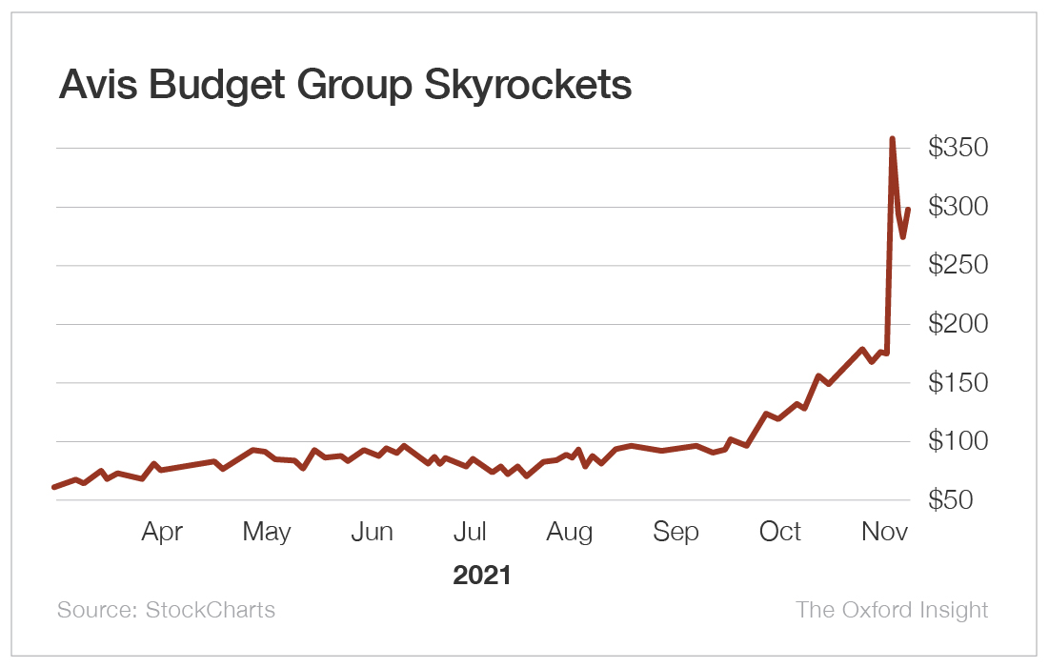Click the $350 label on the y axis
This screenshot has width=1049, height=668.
[959, 148]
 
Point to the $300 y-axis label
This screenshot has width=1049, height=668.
[959, 207]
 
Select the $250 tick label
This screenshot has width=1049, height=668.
[959, 266]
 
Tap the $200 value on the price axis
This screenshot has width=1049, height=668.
[959, 325]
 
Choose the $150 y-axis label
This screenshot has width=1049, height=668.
[959, 383]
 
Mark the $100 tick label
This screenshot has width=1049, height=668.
[959, 442]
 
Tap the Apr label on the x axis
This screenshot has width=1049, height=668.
[162, 532]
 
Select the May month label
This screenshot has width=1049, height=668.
[267, 532]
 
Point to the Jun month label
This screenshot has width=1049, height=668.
[372, 532]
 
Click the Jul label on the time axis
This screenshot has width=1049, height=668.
[472, 532]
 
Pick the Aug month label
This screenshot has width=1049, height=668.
[570, 532]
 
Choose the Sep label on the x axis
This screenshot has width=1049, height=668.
[676, 532]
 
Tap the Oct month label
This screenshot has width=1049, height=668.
[780, 532]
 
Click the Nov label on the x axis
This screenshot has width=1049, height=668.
[885, 532]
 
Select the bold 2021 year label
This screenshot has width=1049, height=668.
[482, 576]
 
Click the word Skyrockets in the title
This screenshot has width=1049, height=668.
[527, 86]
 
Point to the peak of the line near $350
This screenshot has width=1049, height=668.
[892, 139]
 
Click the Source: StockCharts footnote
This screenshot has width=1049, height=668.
[166, 610]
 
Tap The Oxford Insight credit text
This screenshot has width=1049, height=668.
[892, 610]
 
